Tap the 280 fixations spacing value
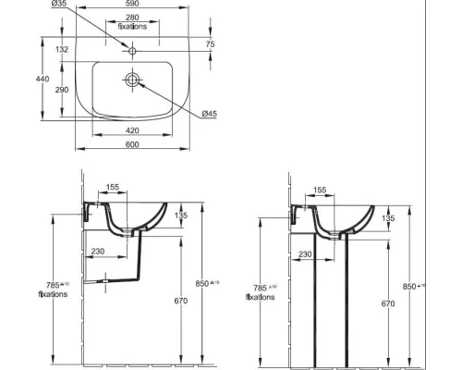[132, 18]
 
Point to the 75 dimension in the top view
[210, 43]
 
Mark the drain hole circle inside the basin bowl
[132, 81]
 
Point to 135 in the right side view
[388, 218]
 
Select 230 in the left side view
[98, 250]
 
